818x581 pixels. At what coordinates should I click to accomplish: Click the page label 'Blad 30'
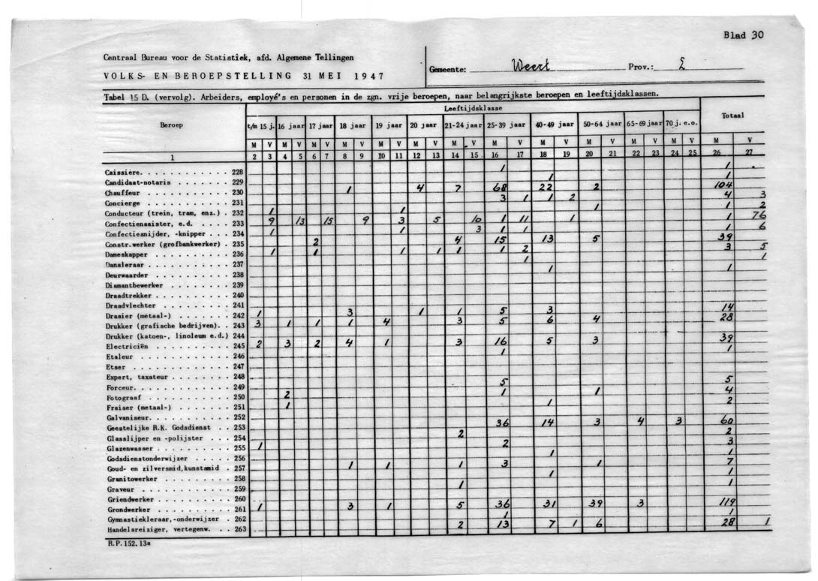click(x=742, y=35)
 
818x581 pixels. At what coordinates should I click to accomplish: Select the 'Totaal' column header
click(x=732, y=116)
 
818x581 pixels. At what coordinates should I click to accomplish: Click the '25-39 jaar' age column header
click(x=506, y=125)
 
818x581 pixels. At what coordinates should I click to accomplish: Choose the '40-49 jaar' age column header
click(x=554, y=125)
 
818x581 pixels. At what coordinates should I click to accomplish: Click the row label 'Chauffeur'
click(x=120, y=192)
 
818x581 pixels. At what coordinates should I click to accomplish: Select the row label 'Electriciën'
click(x=124, y=346)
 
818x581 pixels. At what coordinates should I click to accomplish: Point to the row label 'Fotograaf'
click(x=122, y=397)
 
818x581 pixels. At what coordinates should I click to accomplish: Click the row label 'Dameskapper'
click(x=125, y=254)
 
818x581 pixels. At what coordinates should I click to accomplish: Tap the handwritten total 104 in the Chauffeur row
click(x=725, y=184)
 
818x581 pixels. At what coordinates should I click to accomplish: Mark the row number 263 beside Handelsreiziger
click(x=239, y=529)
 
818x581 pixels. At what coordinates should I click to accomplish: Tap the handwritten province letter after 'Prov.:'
click(x=681, y=66)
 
